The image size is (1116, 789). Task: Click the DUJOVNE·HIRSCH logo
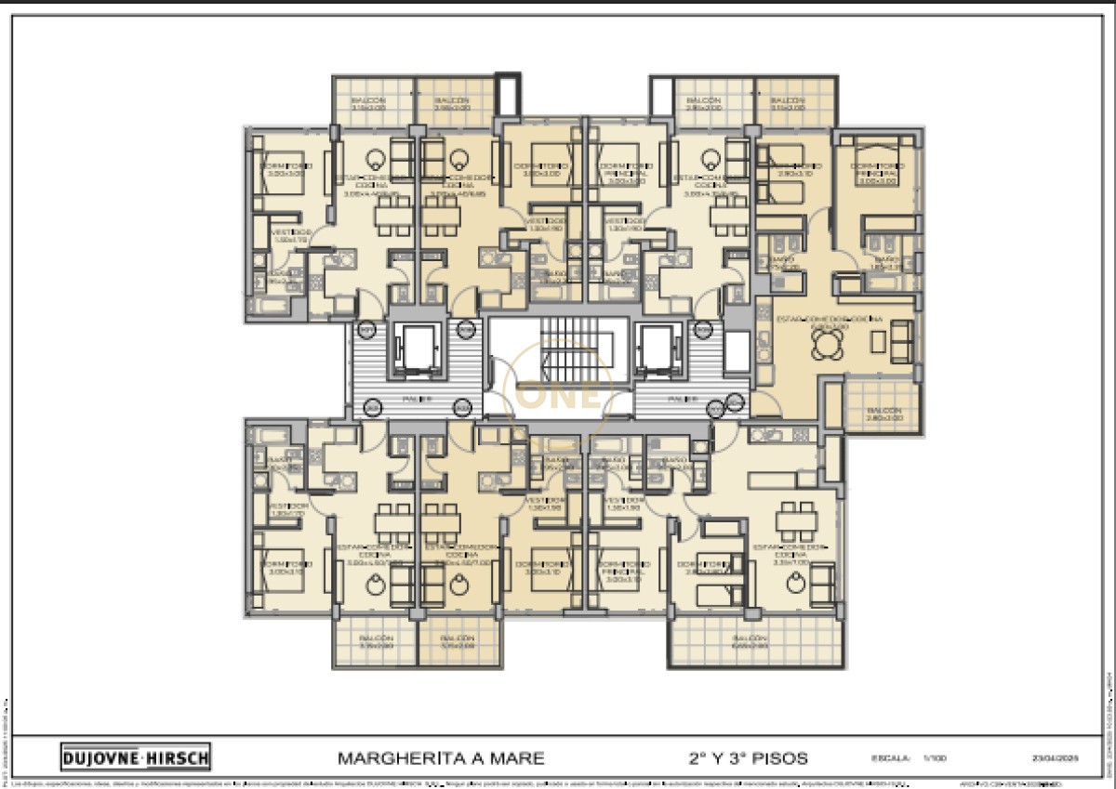tap(136, 757)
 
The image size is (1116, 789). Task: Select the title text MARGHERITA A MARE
tap(441, 757)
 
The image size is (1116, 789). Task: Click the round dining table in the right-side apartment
tap(824, 345)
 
